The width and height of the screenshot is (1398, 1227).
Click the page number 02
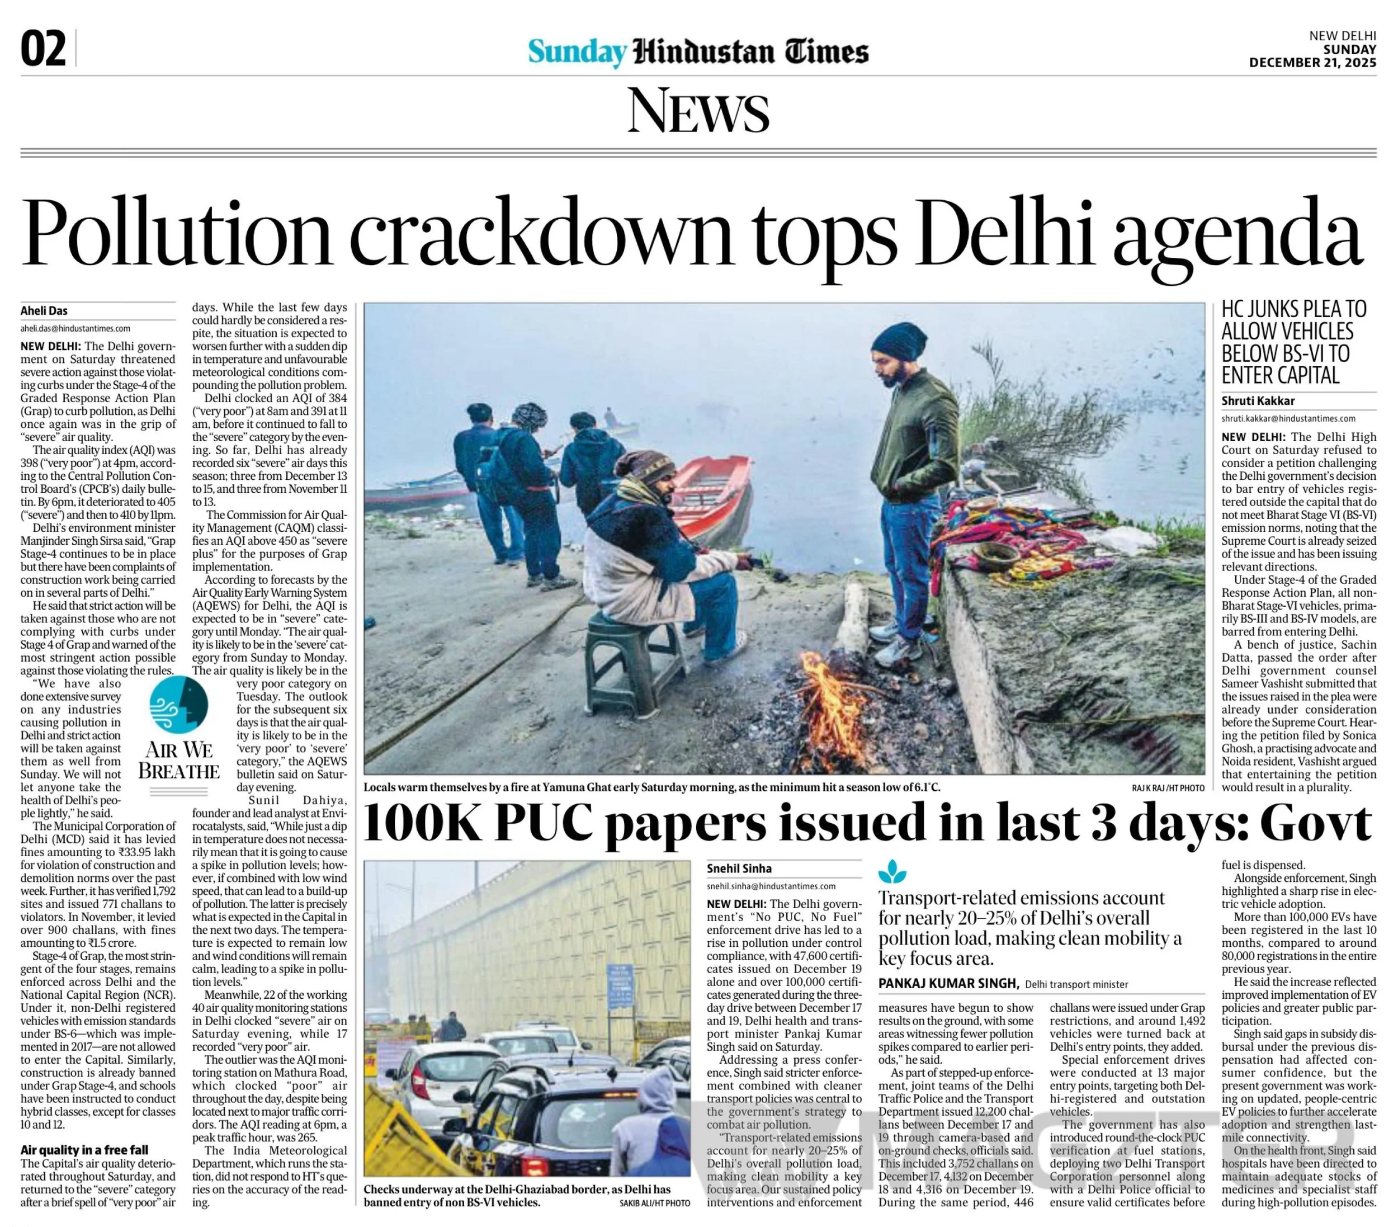[44, 50]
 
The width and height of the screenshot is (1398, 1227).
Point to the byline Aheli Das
[44, 310]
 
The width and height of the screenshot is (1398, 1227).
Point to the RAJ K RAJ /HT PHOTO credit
[1168, 789]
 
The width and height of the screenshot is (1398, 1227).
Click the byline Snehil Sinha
[739, 869]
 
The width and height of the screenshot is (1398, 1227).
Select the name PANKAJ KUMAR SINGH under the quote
[948, 984]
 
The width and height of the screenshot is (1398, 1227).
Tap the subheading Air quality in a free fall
[84, 1150]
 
